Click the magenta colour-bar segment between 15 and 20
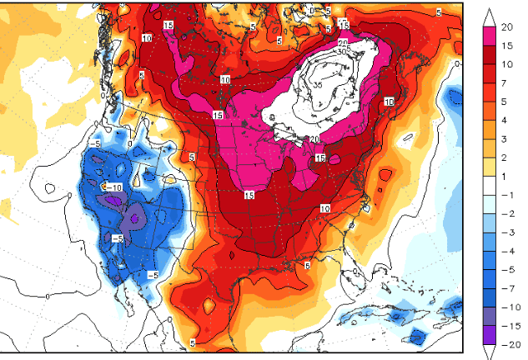490,37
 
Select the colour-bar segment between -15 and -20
490,333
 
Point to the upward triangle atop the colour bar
490,16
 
